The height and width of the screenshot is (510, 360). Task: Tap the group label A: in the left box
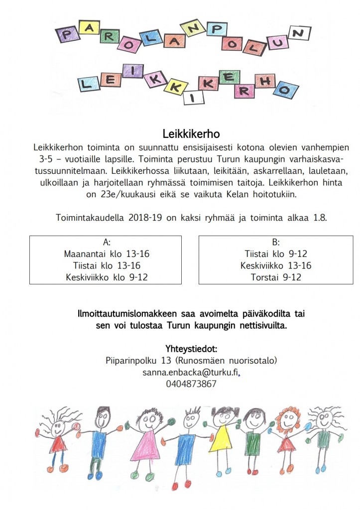coord(106,243)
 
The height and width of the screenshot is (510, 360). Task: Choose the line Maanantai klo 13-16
coord(107,254)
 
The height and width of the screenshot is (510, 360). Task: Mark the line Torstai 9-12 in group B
coord(275,277)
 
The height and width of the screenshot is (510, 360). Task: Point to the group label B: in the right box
coord(275,243)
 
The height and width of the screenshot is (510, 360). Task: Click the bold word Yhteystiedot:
coord(191,348)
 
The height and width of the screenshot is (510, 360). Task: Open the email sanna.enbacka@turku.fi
coord(191,372)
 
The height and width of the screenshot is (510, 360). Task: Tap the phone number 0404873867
coord(191,384)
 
